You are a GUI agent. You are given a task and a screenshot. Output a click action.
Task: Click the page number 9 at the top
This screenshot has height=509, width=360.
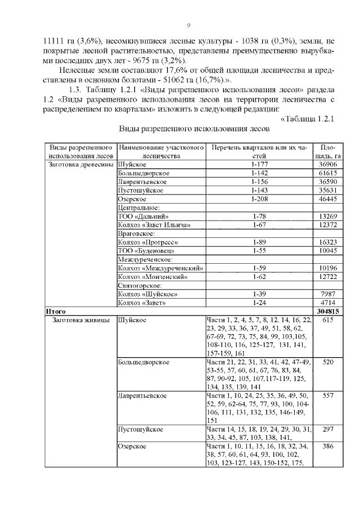(x=188, y=25)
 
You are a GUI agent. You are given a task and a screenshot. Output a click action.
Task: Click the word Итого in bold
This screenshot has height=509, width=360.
(x=56, y=312)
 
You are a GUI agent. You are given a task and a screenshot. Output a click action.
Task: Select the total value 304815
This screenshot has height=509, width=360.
(x=328, y=312)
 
